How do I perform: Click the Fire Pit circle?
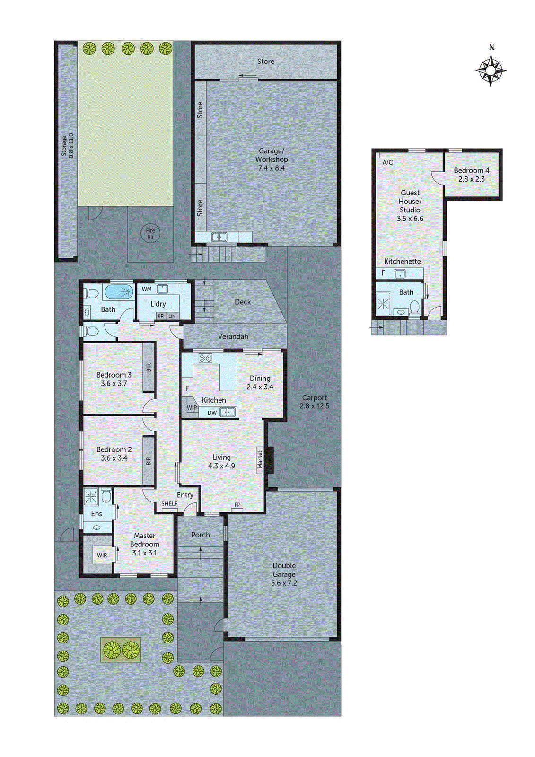150,234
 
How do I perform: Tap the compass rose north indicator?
491,70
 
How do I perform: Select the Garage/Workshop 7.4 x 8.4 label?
271,159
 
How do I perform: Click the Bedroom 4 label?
471,175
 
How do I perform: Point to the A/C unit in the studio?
387,156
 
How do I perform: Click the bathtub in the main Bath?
119,292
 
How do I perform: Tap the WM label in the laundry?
147,289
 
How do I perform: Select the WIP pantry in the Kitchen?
191,407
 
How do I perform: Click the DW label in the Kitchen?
212,413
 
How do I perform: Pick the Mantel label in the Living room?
260,459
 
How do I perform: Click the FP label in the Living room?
237,505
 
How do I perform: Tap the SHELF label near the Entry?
169,503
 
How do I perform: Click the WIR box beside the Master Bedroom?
102,555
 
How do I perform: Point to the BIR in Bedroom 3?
149,367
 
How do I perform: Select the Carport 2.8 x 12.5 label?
315,402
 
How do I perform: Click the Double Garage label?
284,574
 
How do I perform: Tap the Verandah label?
233,336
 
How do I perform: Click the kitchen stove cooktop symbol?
205,358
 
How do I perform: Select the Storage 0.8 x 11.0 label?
67,146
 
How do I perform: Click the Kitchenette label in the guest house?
402,261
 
